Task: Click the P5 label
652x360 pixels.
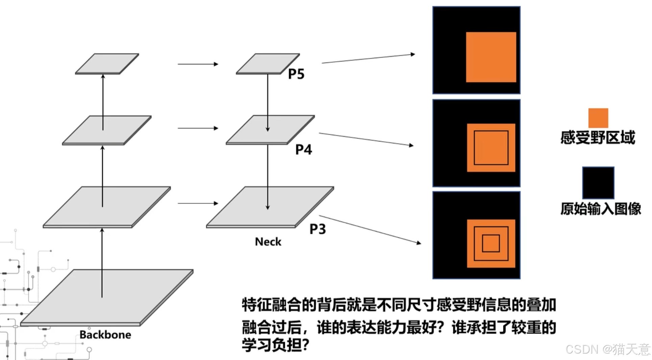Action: point(296,74)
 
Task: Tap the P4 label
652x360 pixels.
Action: point(304,149)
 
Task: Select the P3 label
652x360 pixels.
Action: point(318,229)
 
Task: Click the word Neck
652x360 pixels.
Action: point(268,242)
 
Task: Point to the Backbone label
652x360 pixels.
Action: point(105,335)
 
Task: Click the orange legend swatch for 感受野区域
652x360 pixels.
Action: point(598,118)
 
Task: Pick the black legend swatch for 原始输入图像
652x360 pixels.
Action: point(598,183)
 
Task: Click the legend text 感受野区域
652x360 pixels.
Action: point(598,138)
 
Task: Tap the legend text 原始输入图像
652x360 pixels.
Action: point(601,209)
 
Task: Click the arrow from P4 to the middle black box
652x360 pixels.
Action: point(366,139)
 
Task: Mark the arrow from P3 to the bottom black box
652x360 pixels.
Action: point(370,229)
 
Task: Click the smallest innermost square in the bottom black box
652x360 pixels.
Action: point(491,243)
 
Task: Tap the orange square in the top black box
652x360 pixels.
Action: point(491,57)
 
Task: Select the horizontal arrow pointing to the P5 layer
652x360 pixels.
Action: point(198,64)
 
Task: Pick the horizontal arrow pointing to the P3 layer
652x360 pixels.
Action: point(198,203)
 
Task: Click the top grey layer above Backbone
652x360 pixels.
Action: point(107,63)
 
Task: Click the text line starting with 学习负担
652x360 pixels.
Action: point(275,345)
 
